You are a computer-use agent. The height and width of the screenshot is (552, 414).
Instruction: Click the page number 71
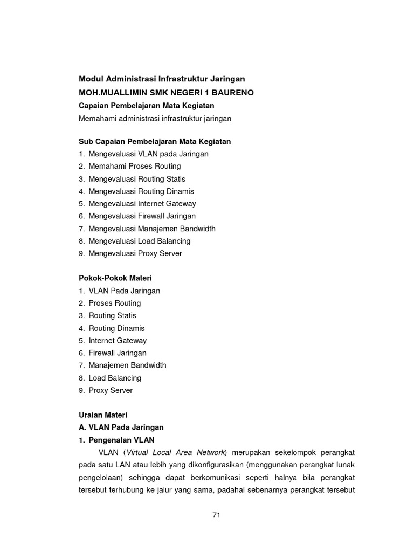tap(216, 515)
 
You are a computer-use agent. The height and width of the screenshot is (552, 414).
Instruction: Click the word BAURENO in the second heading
tap(231, 93)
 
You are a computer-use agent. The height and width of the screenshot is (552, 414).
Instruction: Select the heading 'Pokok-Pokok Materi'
tap(115, 278)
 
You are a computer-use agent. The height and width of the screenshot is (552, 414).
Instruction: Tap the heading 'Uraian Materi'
tap(102, 415)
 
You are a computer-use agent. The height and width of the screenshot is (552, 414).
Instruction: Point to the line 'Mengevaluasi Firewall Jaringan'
tap(142, 216)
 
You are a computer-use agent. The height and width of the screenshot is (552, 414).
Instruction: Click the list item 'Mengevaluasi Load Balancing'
tap(139, 241)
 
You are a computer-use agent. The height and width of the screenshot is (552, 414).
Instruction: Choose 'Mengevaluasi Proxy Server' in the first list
tap(135, 253)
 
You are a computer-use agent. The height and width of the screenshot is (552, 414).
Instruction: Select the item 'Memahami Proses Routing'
tap(134, 166)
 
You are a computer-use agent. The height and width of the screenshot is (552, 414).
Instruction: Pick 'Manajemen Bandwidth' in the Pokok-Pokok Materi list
tap(127, 365)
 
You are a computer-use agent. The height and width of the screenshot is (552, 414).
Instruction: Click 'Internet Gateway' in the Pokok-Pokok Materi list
tap(118, 341)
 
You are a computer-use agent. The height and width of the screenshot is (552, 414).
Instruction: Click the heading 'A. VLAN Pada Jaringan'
tap(121, 427)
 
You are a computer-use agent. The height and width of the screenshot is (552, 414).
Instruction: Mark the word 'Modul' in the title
tap(90, 79)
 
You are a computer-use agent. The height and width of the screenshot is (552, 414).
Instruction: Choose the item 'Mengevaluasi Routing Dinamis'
tap(141, 191)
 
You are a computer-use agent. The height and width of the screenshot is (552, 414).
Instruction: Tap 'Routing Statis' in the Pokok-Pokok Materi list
tap(112, 315)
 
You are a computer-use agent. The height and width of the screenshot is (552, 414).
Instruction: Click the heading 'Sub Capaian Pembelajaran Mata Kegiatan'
tap(155, 141)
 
